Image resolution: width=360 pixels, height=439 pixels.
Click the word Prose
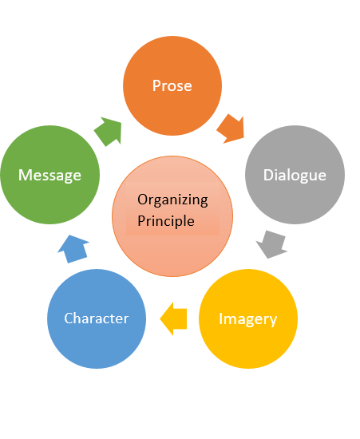click(172, 85)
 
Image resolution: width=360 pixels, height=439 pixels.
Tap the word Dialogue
click(295, 176)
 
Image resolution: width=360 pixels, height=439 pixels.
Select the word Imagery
click(247, 319)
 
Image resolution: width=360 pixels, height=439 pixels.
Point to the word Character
click(97, 318)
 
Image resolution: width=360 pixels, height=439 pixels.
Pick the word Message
click(49, 176)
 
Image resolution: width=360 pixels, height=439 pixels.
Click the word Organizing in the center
click(172, 200)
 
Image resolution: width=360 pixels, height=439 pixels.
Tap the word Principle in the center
click(166, 221)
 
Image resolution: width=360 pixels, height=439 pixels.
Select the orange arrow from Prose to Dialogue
click(231, 129)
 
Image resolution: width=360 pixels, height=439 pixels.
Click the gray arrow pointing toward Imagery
click(272, 244)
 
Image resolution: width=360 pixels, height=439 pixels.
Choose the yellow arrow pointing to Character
click(173, 319)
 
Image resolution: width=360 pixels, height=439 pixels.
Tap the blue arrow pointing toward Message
click(73, 249)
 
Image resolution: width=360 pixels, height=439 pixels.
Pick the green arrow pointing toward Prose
click(109, 132)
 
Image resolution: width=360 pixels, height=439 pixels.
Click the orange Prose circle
click(172, 85)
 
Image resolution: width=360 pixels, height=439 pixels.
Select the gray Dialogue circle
click(295, 175)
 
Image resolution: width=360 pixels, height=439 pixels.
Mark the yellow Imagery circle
click(248, 318)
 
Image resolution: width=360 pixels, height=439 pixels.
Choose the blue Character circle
click(97, 318)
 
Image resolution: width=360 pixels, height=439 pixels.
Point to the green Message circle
click(49, 175)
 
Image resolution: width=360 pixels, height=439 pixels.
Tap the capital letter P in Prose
click(156, 85)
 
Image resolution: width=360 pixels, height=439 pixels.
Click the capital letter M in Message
click(24, 175)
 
